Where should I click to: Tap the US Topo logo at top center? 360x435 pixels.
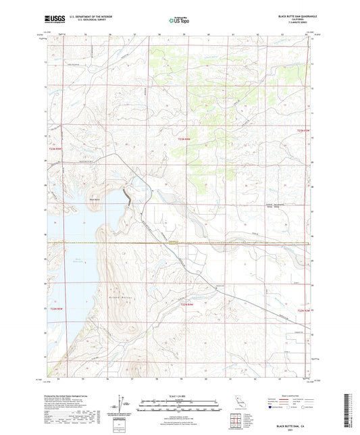[x=178, y=20]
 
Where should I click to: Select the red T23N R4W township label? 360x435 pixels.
[x=181, y=138]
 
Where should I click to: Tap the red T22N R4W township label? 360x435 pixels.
[x=188, y=309]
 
